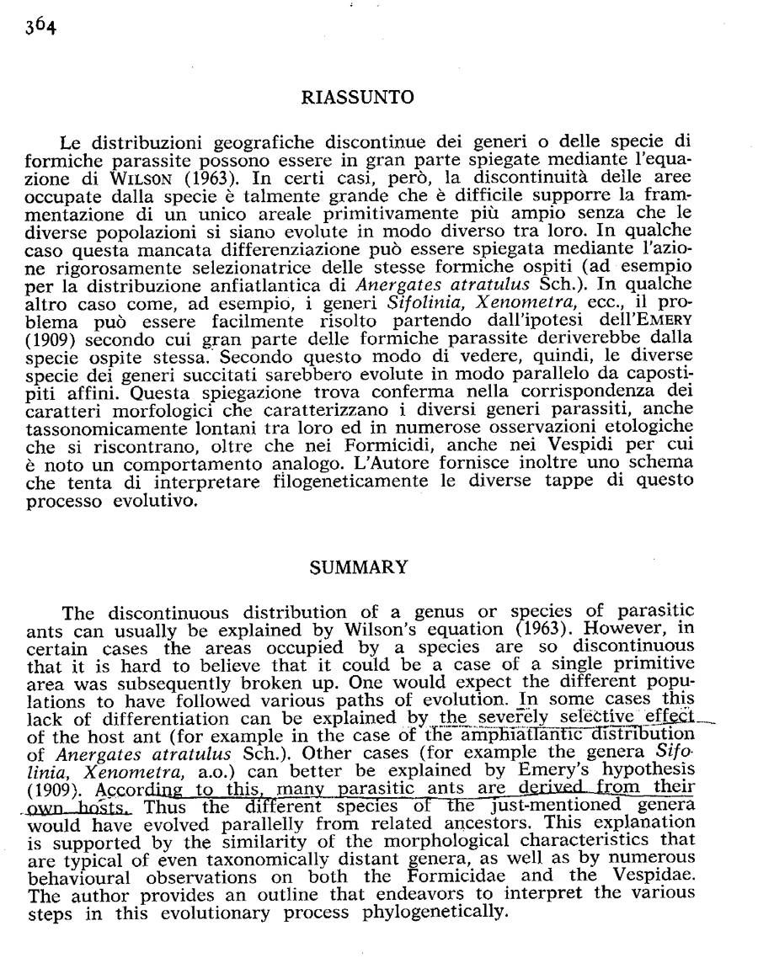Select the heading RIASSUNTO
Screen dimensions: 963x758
357,98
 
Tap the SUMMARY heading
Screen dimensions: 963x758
358,568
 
